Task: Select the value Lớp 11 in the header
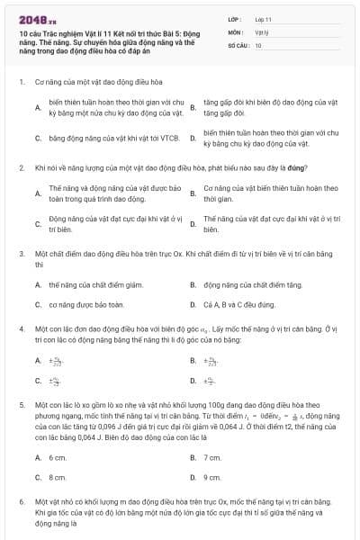(x=262, y=18)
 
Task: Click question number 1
(x=21, y=81)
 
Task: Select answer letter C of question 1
(x=38, y=139)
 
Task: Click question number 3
(x=21, y=255)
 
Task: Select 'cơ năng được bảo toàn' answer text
(x=86, y=305)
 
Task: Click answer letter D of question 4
(x=193, y=382)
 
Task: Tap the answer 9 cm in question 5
(x=212, y=477)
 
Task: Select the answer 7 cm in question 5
(x=212, y=457)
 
